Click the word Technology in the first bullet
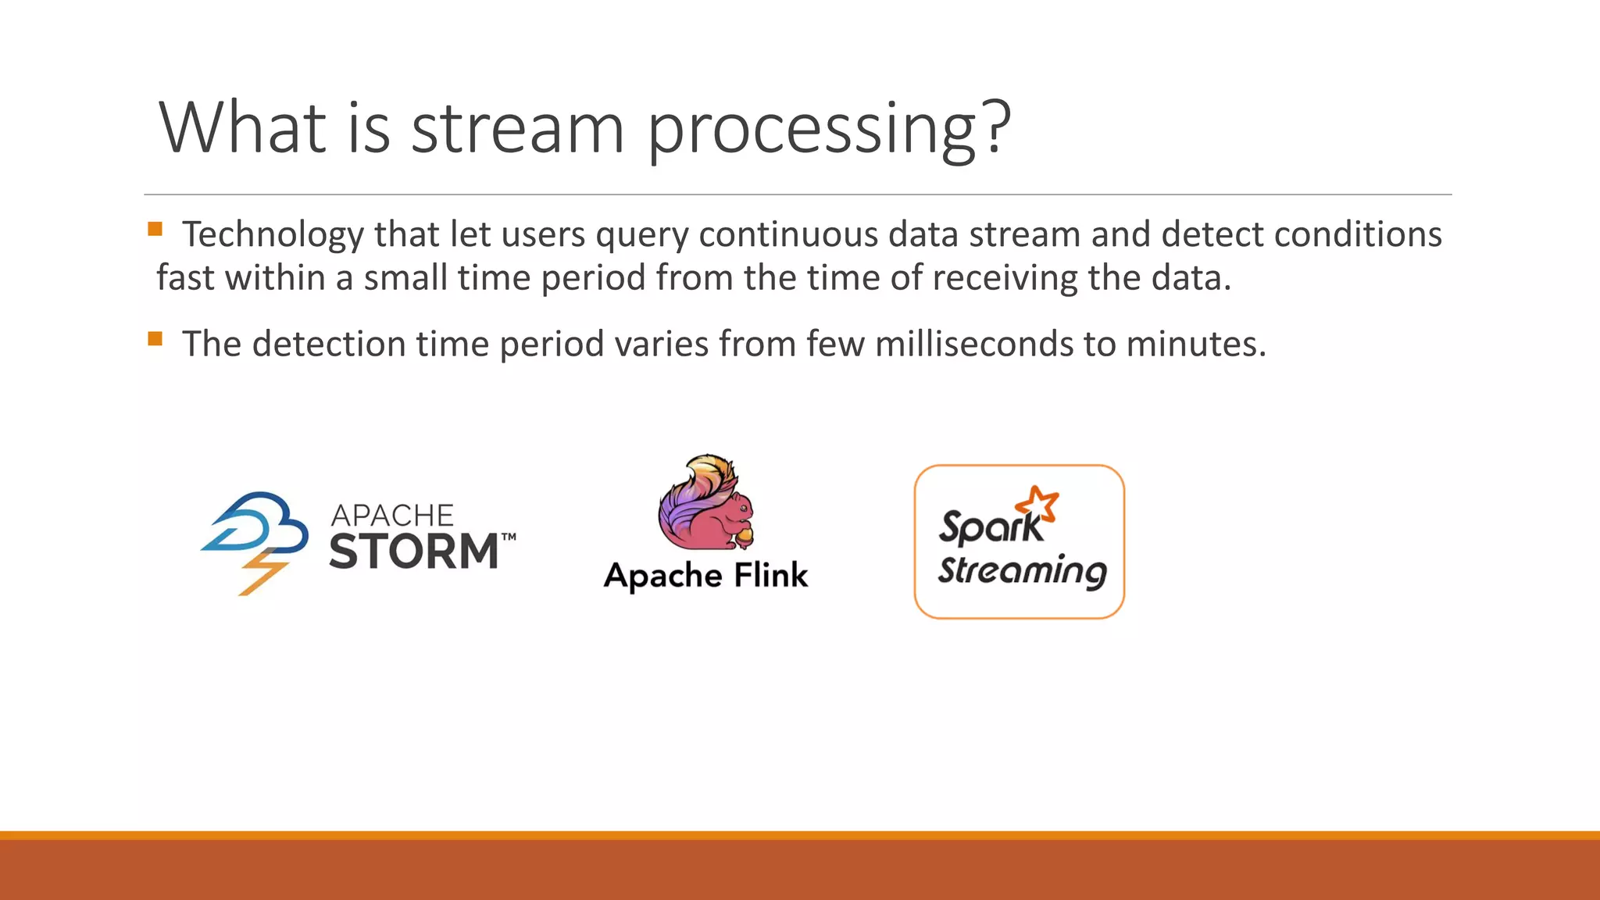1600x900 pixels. [273, 234]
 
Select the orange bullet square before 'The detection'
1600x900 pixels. [155, 338]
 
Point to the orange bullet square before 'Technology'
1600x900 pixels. [155, 229]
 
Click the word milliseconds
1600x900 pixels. [973, 344]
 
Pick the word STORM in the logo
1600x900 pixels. [413, 552]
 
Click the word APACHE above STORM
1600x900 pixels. [391, 516]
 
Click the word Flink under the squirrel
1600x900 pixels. [770, 576]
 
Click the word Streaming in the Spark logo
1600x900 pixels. [1022, 571]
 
